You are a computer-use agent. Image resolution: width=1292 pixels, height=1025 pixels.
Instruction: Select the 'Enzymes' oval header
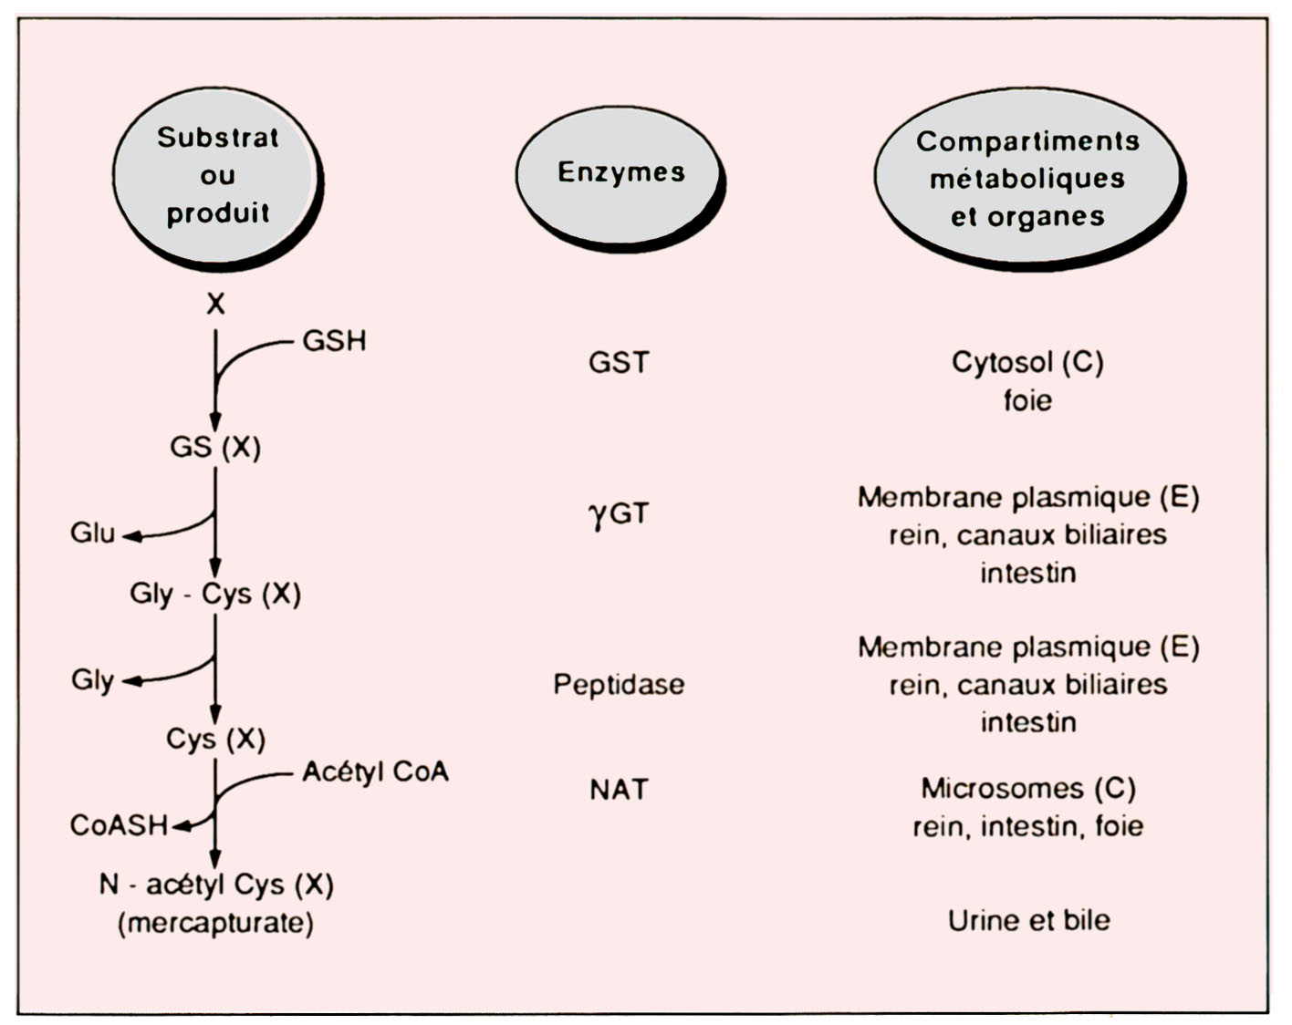point(620,173)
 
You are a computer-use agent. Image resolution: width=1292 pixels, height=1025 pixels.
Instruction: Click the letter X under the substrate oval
point(215,304)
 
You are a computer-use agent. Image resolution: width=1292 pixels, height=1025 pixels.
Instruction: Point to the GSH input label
point(334,341)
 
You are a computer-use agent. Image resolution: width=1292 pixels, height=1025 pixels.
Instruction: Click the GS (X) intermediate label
point(215,448)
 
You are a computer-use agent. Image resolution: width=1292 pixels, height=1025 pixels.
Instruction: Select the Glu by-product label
point(92,533)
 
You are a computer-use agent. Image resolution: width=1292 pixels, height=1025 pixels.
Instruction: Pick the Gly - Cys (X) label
point(215,594)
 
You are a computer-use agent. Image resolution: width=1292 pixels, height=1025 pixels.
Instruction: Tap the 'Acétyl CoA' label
point(375,772)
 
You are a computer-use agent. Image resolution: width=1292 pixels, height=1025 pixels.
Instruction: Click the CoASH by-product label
point(119,825)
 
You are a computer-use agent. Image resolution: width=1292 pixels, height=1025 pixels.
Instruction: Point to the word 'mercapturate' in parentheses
point(215,923)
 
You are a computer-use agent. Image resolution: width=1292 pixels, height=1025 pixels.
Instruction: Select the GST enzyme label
point(619,363)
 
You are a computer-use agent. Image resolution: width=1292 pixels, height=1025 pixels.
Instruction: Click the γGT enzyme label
point(619,514)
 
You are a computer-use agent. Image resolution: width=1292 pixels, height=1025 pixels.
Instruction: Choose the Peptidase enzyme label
point(619,685)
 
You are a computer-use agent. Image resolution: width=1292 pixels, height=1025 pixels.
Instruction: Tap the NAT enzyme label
point(619,789)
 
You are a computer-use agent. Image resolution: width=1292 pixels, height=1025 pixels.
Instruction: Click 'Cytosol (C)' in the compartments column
point(1027,363)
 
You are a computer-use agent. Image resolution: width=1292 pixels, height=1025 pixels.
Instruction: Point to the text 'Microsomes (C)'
point(1027,788)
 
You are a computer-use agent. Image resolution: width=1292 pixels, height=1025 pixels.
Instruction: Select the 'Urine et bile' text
point(1028,920)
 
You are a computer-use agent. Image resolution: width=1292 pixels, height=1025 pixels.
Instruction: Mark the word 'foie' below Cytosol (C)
point(1027,400)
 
